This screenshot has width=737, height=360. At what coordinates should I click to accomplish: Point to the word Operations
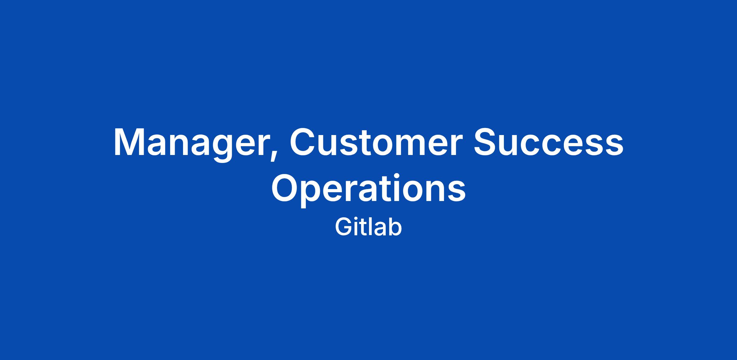tap(368, 189)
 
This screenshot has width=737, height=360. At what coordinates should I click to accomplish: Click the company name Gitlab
tap(368, 227)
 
